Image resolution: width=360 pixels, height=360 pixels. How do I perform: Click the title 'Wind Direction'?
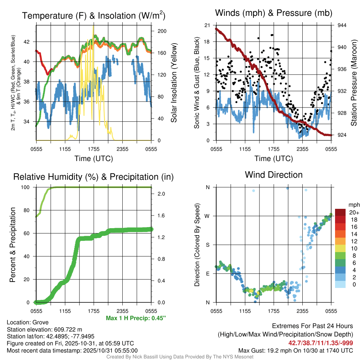[274, 175]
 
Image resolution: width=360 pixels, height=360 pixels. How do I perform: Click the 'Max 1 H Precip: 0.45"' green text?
[136, 318]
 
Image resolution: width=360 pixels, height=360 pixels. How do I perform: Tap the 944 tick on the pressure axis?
[342, 25]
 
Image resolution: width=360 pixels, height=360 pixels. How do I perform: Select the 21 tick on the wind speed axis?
[207, 25]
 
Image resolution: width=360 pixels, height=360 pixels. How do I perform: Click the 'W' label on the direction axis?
[207, 216]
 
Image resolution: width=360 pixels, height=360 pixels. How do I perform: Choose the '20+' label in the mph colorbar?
[354, 212]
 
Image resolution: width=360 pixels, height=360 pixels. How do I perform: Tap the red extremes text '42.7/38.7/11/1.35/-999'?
[321, 343]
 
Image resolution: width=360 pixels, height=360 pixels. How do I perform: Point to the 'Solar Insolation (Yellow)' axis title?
[174, 83]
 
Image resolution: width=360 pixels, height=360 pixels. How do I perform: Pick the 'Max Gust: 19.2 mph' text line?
[296, 350]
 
